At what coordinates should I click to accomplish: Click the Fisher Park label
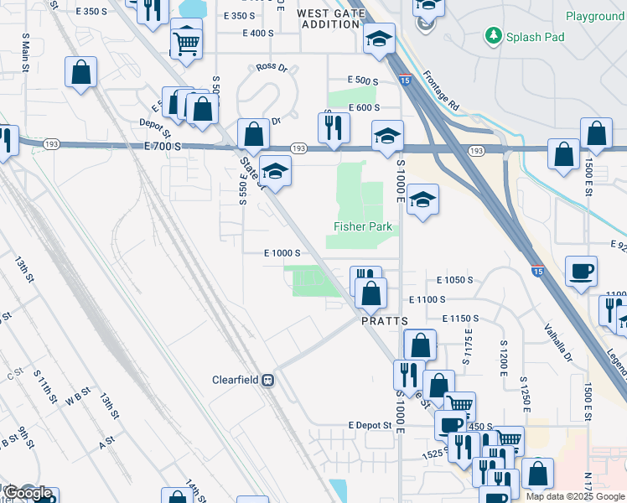pos(362,226)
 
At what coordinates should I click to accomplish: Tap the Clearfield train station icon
pos(268,380)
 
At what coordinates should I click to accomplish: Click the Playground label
pos(594,16)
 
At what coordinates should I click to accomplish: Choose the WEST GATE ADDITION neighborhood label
pos(329,18)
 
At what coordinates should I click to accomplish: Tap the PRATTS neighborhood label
pos(384,321)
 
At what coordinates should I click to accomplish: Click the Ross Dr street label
pos(272,67)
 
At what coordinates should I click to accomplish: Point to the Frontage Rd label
pos(441,91)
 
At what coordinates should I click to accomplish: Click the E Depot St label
pos(370,426)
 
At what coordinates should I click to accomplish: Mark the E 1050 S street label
pos(454,280)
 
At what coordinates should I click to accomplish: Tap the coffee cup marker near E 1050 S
pos(582,271)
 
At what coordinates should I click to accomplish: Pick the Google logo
pos(27,493)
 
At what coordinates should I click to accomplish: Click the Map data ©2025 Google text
pos(576,496)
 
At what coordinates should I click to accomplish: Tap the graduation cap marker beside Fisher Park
pos(422,200)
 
